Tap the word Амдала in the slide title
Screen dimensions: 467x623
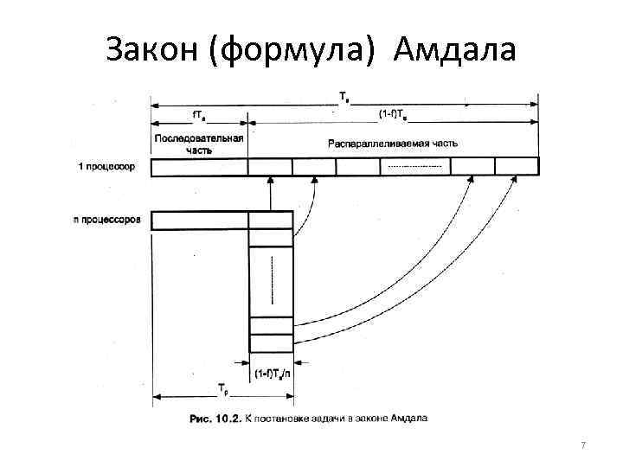[x=453, y=51]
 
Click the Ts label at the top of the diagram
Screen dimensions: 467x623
[x=344, y=96]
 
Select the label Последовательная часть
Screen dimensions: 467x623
[x=199, y=143]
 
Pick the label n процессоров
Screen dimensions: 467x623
[x=107, y=220]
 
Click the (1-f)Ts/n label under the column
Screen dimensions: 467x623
[x=272, y=374]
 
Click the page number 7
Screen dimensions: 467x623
[x=583, y=445]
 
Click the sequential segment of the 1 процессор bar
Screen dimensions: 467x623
[x=199, y=166]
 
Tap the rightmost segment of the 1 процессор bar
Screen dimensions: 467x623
[x=517, y=166]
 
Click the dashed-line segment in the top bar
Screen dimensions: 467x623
[x=415, y=166]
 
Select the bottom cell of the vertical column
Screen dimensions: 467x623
[x=271, y=343]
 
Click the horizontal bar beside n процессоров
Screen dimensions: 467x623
[x=199, y=221]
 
